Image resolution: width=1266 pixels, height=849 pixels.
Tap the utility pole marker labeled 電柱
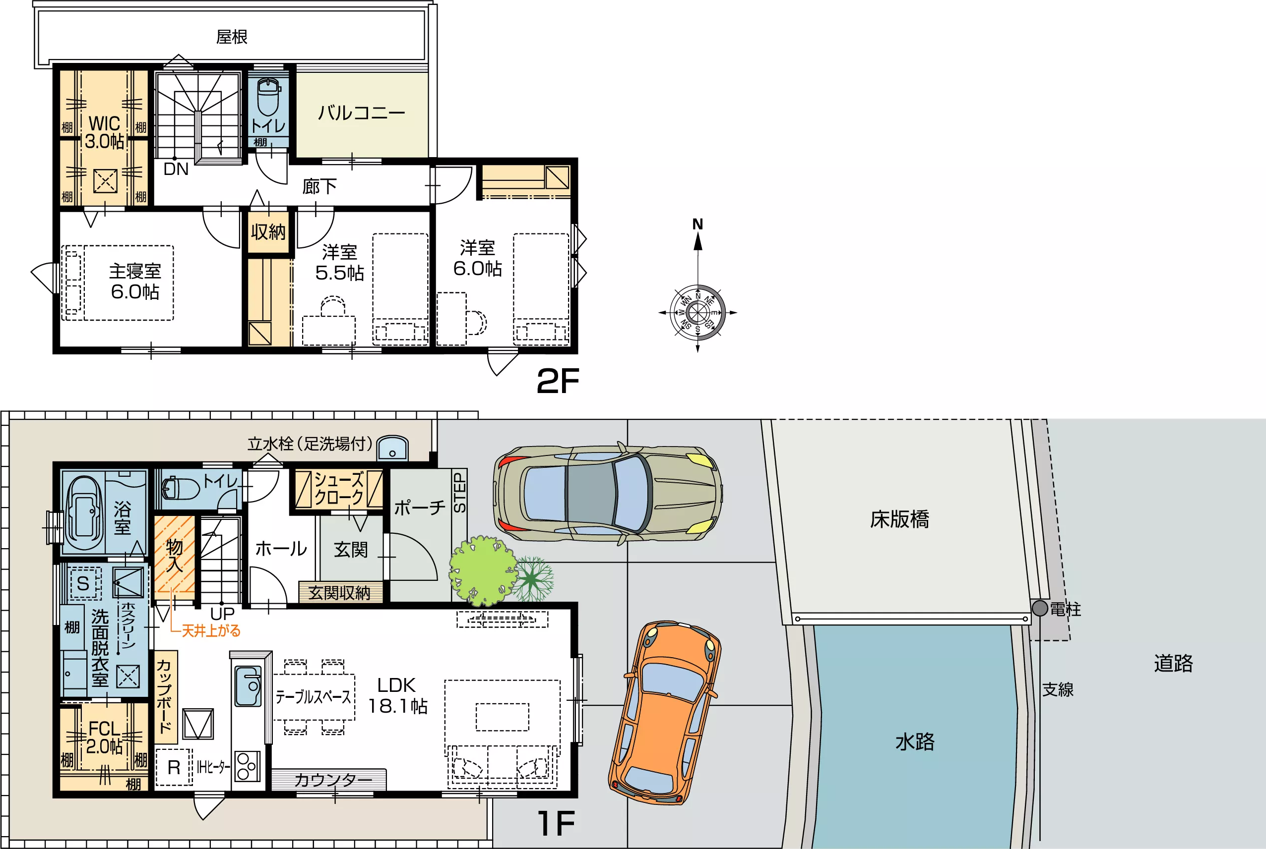pos(1039,608)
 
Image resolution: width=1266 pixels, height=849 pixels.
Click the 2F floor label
pos(558,381)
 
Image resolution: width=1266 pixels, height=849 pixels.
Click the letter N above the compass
pos(697,224)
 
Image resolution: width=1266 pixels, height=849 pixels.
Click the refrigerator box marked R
pos(174,767)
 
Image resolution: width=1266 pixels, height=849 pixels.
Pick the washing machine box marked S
pos(83,583)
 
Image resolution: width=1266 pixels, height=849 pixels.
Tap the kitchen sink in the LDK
pos(248,686)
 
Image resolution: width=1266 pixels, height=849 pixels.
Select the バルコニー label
pos(362,113)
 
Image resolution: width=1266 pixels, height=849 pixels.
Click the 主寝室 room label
pos(135,270)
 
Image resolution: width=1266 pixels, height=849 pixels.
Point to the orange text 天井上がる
pos(211,631)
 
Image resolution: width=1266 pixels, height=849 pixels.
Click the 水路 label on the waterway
pos(915,741)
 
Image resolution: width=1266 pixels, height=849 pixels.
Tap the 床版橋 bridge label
pos(899,519)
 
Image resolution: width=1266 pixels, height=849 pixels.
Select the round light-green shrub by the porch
pos(481,570)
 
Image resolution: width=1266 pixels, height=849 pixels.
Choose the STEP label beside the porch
pos(459,493)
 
